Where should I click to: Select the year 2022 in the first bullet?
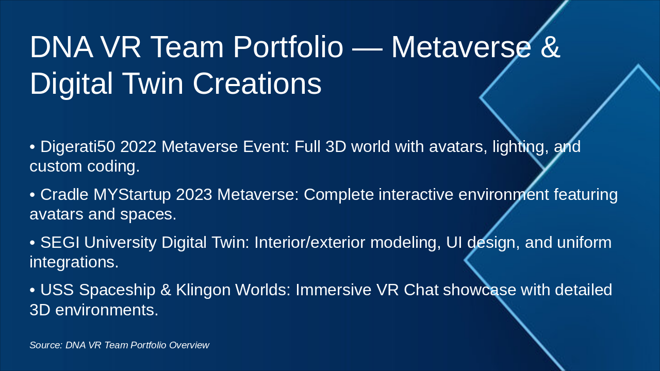[138, 147]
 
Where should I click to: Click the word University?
[120, 242]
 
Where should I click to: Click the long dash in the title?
[367, 48]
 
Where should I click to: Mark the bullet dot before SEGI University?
[32, 243]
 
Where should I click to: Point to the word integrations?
[74, 262]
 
